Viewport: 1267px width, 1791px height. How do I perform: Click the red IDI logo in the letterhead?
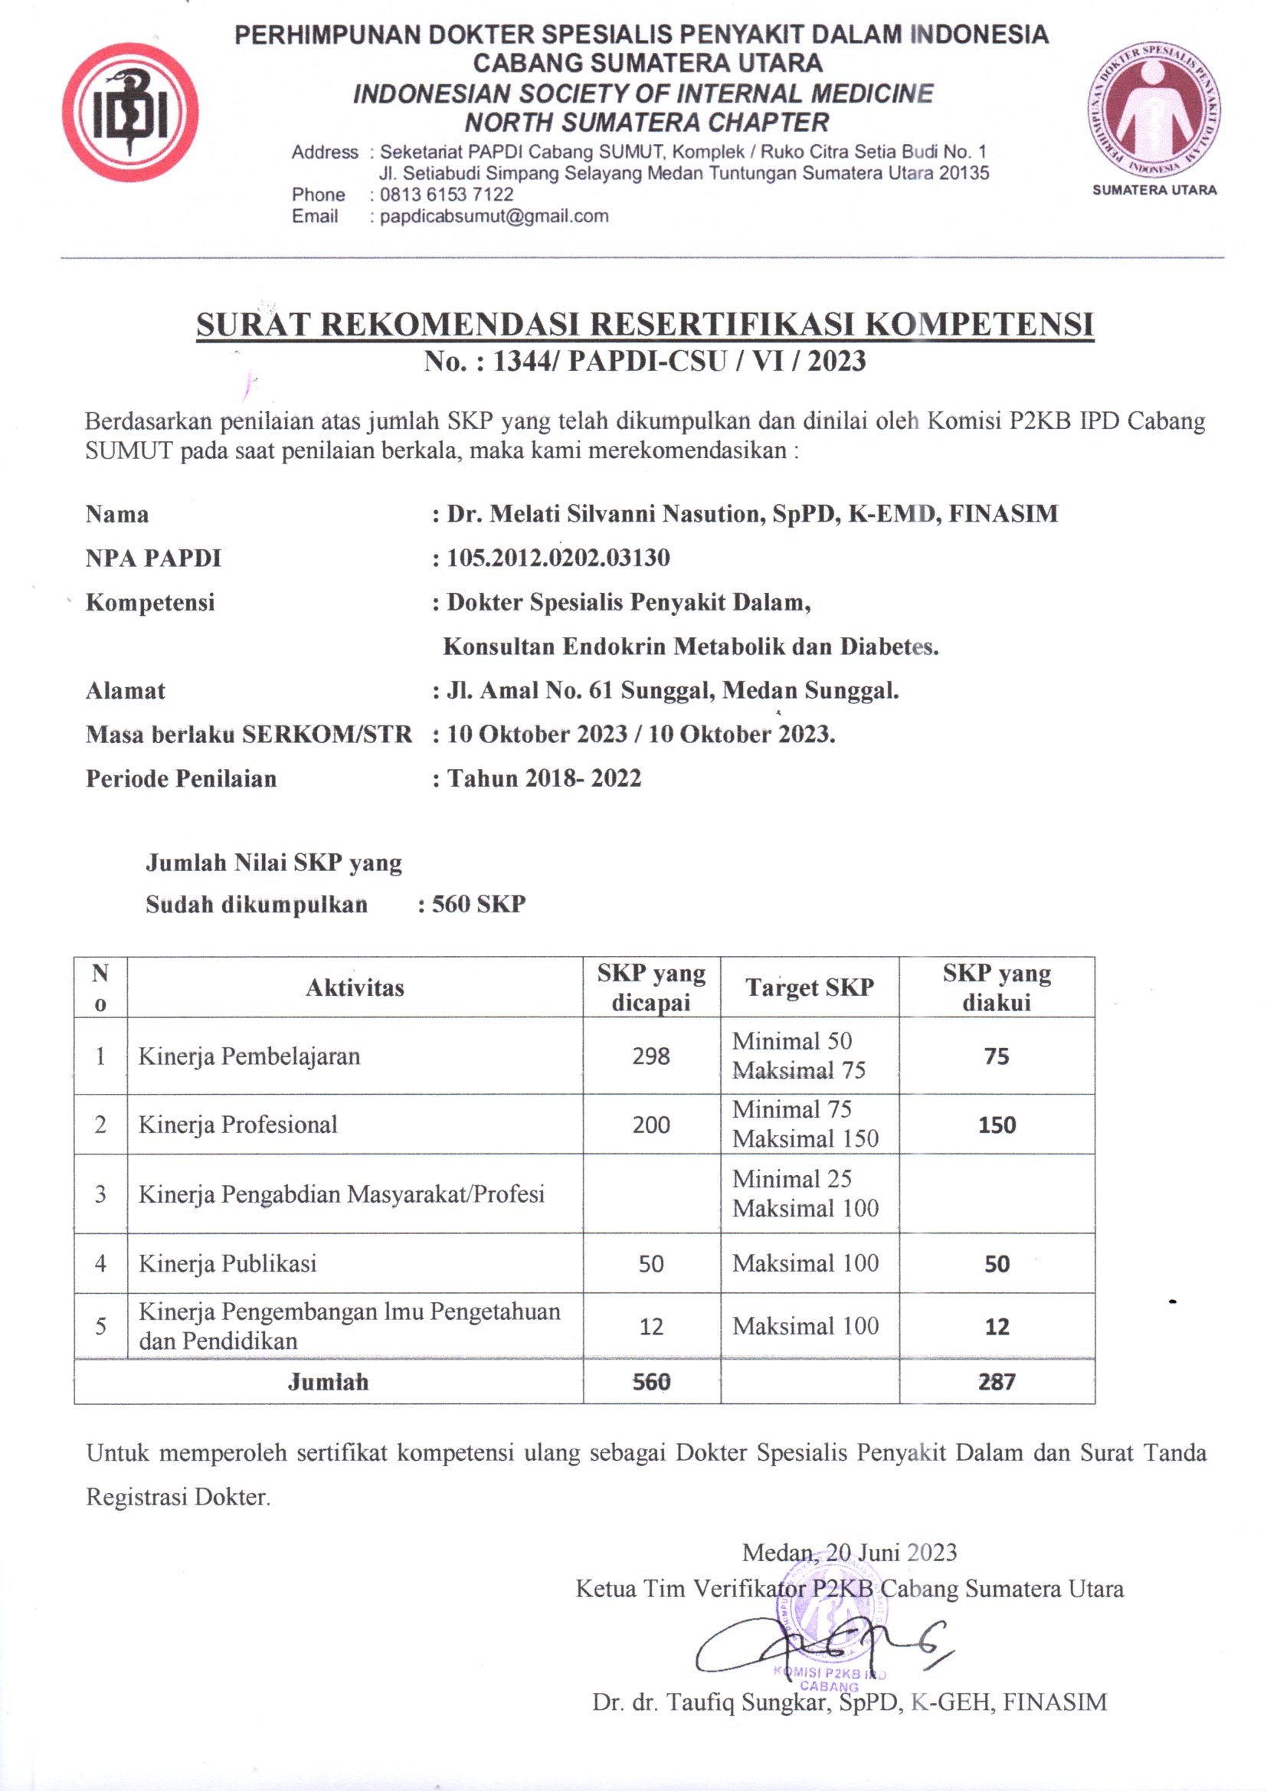pyautogui.click(x=130, y=113)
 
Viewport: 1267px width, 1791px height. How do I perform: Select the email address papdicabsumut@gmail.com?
pyautogui.click(x=494, y=216)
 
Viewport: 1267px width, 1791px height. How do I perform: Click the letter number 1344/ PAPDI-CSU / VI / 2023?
pyautogui.click(x=679, y=361)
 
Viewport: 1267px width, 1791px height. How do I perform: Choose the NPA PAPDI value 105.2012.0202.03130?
pyautogui.click(x=558, y=558)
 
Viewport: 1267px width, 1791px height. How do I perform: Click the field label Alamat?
pyautogui.click(x=126, y=690)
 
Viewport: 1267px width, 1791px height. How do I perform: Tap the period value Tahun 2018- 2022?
pyautogui.click(x=544, y=778)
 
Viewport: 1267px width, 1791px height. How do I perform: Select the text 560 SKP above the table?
pyautogui.click(x=478, y=904)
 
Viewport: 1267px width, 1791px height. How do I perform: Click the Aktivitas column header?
pyautogui.click(x=355, y=987)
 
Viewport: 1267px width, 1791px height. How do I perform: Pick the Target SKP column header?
pyautogui.click(x=809, y=987)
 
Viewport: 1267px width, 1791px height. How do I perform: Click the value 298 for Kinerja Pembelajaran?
pyautogui.click(x=650, y=1056)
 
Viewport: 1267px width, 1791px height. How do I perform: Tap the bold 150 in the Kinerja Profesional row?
pyautogui.click(x=997, y=1125)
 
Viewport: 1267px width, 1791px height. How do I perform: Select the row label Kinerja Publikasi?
pyautogui.click(x=228, y=1263)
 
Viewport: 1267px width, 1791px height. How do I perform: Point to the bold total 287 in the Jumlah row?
pyautogui.click(x=997, y=1381)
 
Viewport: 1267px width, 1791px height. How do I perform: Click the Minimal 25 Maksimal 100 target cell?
pyautogui.click(x=805, y=1193)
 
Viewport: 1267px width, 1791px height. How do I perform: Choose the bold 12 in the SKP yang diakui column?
pyautogui.click(x=997, y=1326)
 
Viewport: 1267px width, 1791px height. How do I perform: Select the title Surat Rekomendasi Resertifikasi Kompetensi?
pyautogui.click(x=644, y=325)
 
